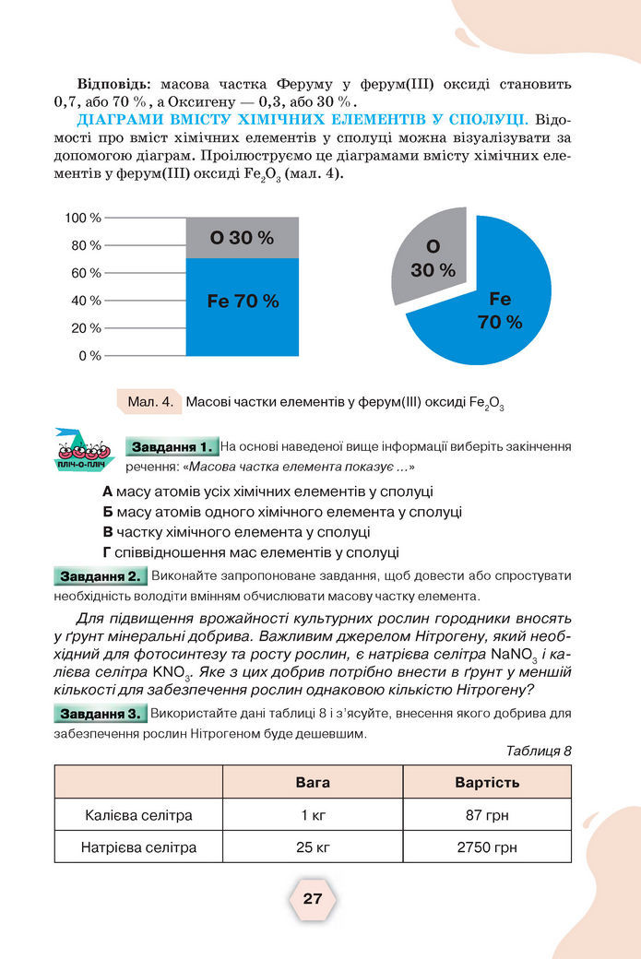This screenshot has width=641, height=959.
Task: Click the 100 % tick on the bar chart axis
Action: pos(82,218)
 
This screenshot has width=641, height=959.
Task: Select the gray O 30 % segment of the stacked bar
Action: pos(242,238)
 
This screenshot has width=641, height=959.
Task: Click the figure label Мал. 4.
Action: pos(150,402)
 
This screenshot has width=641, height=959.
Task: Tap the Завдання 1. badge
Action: pos(172,447)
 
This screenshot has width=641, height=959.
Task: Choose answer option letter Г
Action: pos(107,552)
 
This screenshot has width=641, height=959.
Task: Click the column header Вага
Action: pos(312,783)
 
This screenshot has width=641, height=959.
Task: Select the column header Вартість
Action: pos(487,783)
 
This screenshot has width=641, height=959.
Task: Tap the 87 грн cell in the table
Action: pos(487,815)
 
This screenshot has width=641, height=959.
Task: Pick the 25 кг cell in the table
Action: pos(312,847)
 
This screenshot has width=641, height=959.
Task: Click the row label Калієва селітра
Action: pos(138,815)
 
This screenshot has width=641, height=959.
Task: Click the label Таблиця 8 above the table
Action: pos(540,751)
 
